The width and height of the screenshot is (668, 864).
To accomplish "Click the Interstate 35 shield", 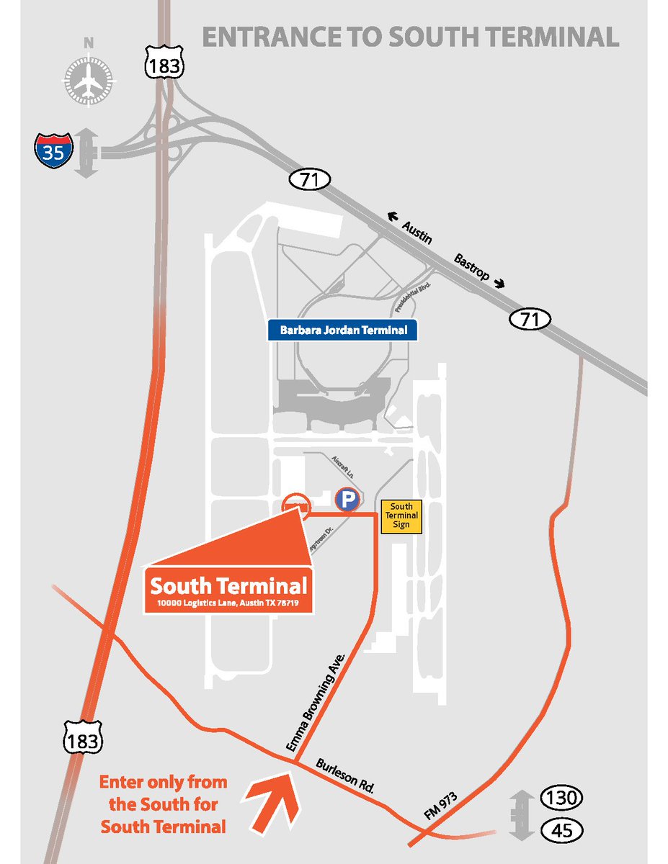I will (53, 150).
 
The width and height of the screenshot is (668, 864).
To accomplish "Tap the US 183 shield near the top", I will (165, 66).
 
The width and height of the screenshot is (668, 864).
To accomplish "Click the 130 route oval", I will (561, 798).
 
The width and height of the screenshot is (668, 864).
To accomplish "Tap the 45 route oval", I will (561, 830).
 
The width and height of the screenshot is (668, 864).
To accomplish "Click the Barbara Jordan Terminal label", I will (343, 331).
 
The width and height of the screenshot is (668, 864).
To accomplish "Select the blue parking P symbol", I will (347, 499).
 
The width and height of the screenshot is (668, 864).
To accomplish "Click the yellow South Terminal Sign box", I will (401, 516).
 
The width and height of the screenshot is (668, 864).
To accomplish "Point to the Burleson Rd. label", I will (347, 776).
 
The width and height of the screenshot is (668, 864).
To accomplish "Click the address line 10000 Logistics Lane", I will (229, 602).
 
